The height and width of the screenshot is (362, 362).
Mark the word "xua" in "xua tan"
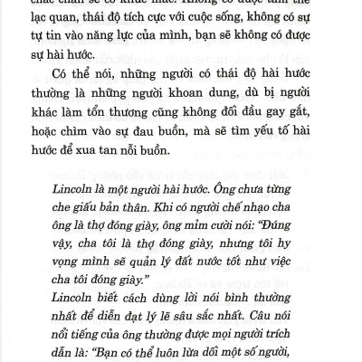tap(124, 185)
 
